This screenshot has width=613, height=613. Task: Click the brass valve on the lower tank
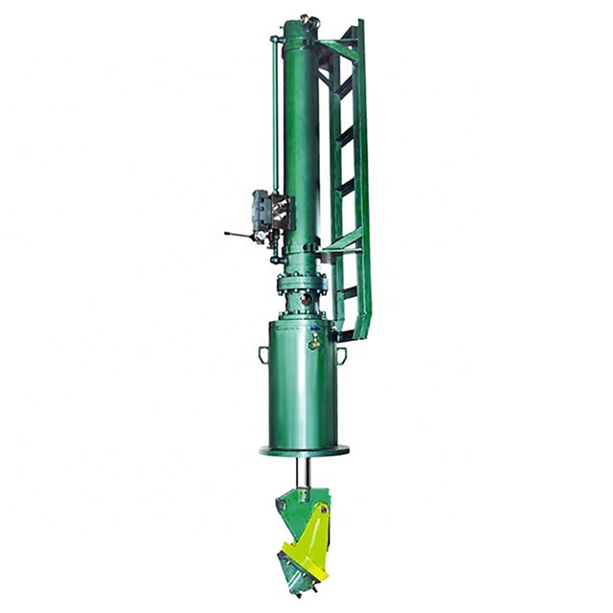tap(313, 340)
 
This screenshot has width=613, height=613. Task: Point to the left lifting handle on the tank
tap(262, 355)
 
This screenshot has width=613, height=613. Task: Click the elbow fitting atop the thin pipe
tap(277, 39)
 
